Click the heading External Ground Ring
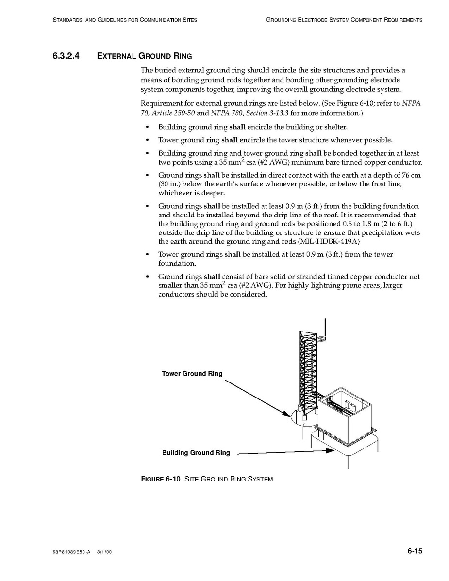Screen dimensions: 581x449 tap(144, 56)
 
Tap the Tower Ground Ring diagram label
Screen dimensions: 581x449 tap(192, 373)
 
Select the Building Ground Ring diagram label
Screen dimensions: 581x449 tap(196, 453)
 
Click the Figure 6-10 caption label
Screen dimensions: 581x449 tap(161, 479)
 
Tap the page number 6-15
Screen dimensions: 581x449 tap(415, 551)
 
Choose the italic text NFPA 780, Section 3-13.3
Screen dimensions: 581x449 tap(249, 113)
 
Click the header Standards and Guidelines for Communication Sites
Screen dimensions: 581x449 tap(124, 20)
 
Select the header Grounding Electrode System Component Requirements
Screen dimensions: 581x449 tap(344, 20)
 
